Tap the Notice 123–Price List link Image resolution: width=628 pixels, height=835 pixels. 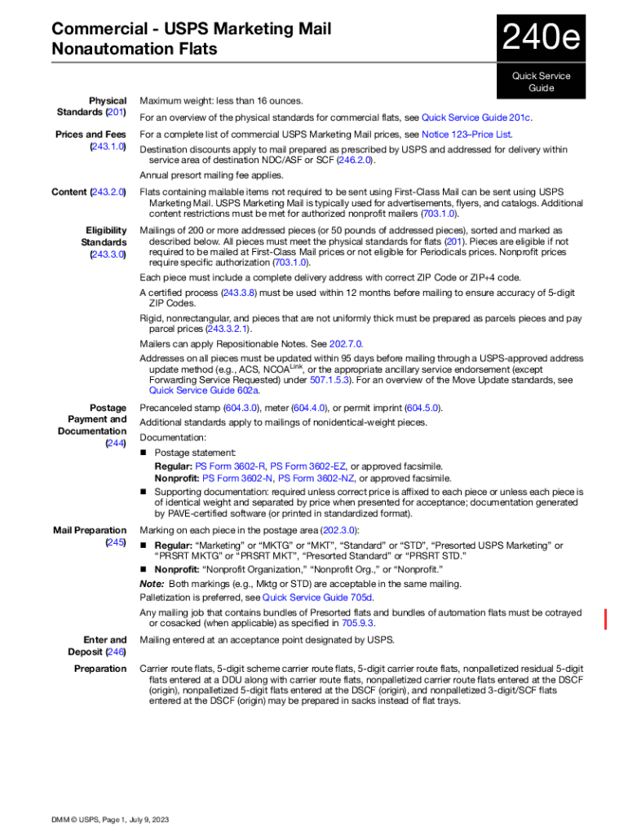467,134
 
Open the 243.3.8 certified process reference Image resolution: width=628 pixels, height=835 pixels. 239,292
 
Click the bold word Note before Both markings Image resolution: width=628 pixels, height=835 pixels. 152,584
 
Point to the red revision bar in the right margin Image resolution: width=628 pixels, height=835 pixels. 604,619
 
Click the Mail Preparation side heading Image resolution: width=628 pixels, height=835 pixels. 90,530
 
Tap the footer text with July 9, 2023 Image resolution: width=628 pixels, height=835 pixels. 110,820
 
